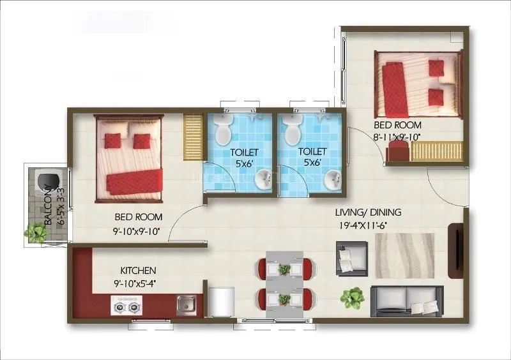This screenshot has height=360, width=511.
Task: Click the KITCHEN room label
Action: pos(137,271)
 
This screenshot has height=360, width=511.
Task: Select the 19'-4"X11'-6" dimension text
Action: pos(369,225)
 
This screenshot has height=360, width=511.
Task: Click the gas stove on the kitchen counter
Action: pos(125,307)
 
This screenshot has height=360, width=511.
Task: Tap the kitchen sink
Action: pos(186,304)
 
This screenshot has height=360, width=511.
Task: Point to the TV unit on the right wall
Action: pos(456,250)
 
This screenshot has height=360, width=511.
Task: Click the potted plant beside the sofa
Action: pos(352,297)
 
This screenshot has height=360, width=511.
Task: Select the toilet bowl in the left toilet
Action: pos(223,131)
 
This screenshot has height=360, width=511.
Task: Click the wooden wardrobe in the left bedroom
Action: pos(192,137)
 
